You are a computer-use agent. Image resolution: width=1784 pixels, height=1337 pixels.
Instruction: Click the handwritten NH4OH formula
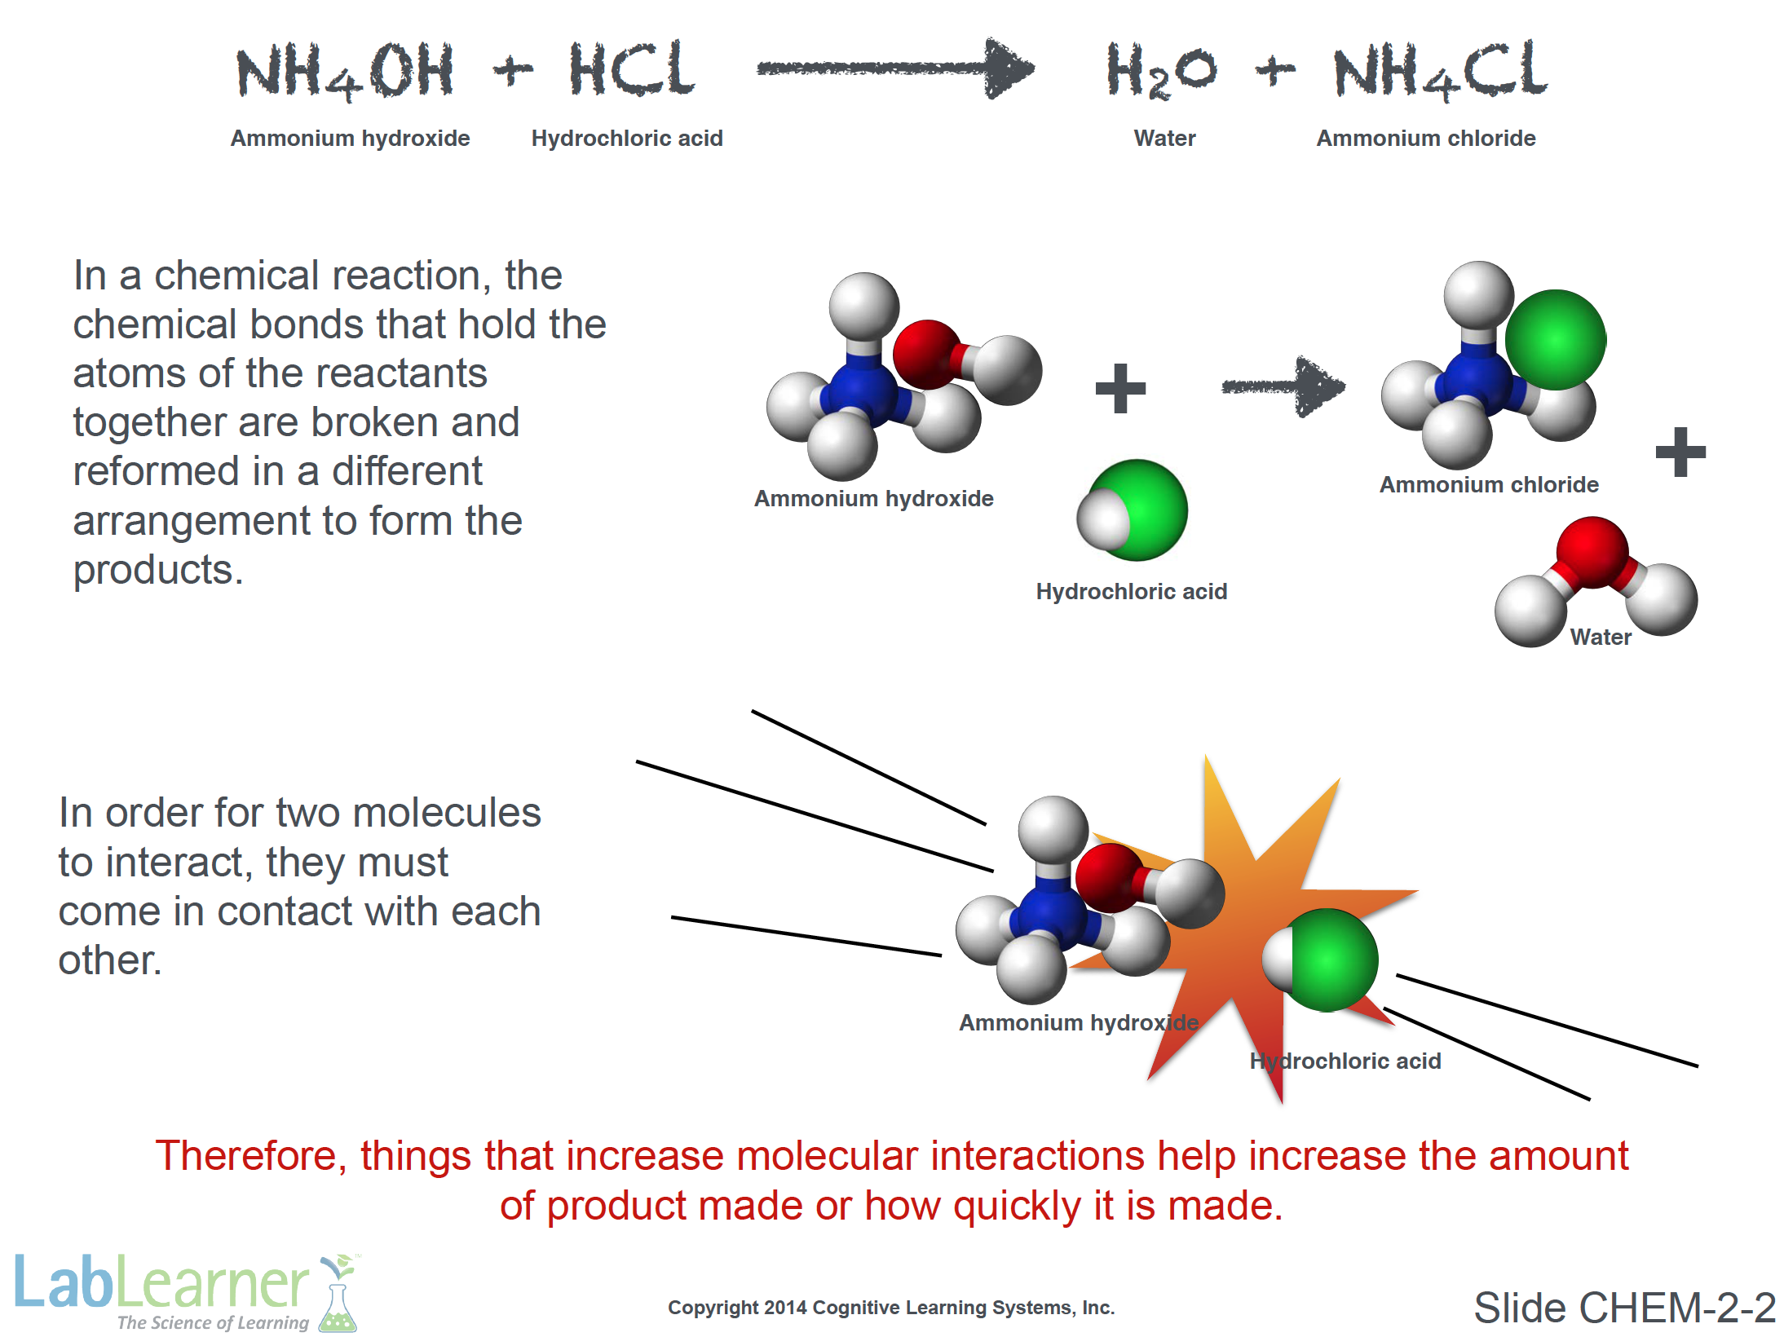(344, 72)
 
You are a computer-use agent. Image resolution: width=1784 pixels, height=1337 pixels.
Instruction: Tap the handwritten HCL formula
(632, 69)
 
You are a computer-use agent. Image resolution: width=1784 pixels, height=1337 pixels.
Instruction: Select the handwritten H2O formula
(1161, 72)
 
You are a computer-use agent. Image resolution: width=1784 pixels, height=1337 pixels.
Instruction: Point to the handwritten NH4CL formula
(1440, 72)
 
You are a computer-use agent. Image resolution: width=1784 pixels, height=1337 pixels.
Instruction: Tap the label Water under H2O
(1164, 139)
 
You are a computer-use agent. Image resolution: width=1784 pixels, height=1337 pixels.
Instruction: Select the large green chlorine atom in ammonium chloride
(1555, 340)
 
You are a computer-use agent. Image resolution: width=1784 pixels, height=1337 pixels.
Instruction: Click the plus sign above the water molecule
(1680, 452)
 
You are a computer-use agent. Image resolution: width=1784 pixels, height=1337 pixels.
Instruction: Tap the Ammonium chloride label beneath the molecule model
(1489, 485)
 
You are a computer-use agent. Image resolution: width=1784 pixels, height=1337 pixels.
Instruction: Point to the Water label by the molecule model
(1601, 638)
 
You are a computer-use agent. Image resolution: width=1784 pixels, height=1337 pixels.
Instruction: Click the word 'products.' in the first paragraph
(158, 571)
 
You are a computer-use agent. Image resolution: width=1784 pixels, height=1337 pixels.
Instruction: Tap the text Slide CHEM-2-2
(1624, 1308)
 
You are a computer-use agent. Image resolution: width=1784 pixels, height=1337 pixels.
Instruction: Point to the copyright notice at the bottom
(891, 1308)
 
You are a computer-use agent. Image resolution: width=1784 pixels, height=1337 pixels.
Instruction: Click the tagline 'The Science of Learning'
(214, 1322)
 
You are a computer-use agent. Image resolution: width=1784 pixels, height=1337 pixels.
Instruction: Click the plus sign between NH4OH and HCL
(514, 72)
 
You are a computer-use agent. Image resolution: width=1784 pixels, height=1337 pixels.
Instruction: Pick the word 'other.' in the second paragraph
(110, 960)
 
